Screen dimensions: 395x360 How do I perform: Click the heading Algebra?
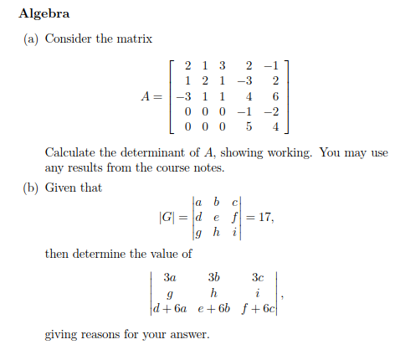[x=44, y=14]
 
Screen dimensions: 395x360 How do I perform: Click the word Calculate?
[x=73, y=153]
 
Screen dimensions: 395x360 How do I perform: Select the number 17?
[x=264, y=219]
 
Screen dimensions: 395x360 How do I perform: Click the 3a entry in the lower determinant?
[x=170, y=276]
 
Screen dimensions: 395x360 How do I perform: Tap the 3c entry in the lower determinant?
[x=257, y=276]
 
